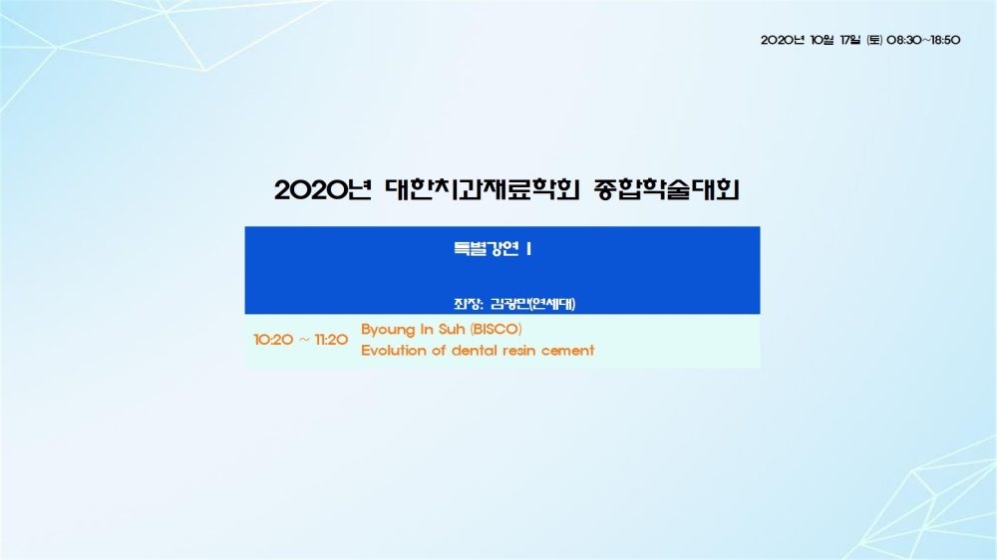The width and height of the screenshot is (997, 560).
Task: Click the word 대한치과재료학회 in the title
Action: pyautogui.click(x=483, y=189)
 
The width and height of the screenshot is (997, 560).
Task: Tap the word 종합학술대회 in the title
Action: pyautogui.click(x=666, y=189)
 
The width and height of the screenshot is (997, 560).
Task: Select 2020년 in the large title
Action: pyautogui.click(x=323, y=190)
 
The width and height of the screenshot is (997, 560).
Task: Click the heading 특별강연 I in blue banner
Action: pyautogui.click(x=493, y=248)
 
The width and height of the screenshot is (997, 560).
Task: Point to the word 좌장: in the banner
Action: pyautogui.click(x=469, y=304)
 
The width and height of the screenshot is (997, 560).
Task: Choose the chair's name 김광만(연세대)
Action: pyautogui.click(x=532, y=304)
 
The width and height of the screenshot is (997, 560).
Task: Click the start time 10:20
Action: pyautogui.click(x=273, y=340)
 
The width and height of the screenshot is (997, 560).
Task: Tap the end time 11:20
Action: pyautogui.click(x=331, y=340)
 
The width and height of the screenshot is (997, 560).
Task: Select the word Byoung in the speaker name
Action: pyautogui.click(x=388, y=330)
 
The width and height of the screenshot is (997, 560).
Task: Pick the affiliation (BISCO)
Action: pyautogui.click(x=496, y=329)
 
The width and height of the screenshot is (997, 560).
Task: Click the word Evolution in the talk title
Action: pyautogui.click(x=394, y=350)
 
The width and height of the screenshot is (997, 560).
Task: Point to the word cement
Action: pyautogui.click(x=568, y=351)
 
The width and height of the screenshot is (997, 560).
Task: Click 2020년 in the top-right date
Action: pyautogui.click(x=783, y=40)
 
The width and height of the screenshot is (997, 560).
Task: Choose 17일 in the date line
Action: pyautogui.click(x=850, y=40)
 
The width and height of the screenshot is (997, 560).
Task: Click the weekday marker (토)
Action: pyautogui.click(x=874, y=40)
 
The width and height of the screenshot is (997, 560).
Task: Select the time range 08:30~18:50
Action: pyautogui.click(x=923, y=40)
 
